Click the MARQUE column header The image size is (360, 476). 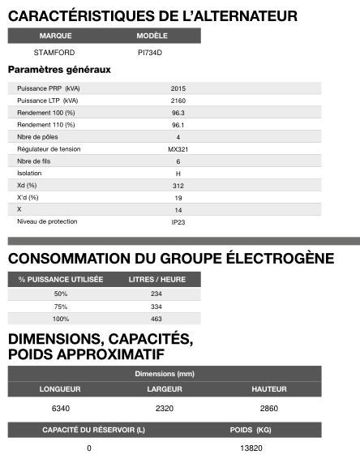pos(55,36)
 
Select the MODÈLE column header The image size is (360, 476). pos(152,36)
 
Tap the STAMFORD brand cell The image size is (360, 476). pos(55,52)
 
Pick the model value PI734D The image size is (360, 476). pos(152,52)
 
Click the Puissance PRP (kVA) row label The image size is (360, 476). pos(49,88)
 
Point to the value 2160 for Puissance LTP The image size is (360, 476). pos(178,100)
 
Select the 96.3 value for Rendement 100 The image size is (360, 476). pos(178,112)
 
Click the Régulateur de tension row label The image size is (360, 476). pos(49,149)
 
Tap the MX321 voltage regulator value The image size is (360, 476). pos(178,149)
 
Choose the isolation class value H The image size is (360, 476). pos(178,174)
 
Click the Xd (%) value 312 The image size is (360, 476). pos(178,186)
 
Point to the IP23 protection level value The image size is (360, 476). pos(178,221)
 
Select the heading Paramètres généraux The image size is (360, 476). pos(59,70)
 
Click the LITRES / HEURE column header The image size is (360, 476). pos(156,279)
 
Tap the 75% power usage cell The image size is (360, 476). pos(61,307)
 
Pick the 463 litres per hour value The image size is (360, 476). pos(156,319)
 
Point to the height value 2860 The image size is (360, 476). pos(269,408)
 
